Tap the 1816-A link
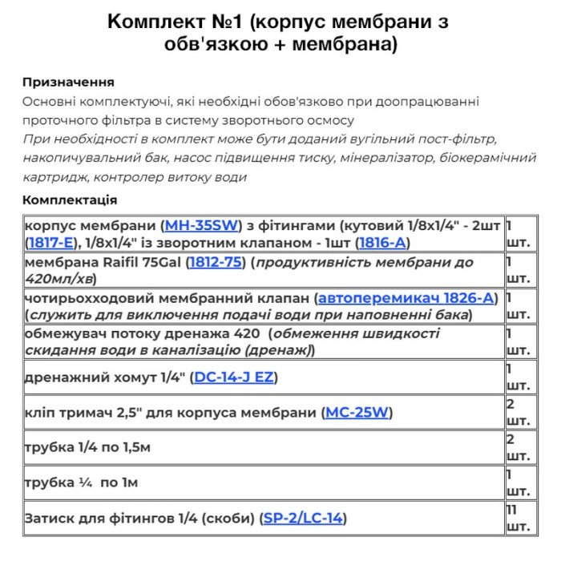pyautogui.click(x=384, y=241)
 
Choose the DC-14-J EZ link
pyautogui.click(x=235, y=377)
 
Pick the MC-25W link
pyautogui.click(x=357, y=413)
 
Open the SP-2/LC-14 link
pyautogui.click(x=304, y=518)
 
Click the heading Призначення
pyautogui.click(x=68, y=82)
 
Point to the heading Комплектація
pyautogui.click(x=70, y=200)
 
